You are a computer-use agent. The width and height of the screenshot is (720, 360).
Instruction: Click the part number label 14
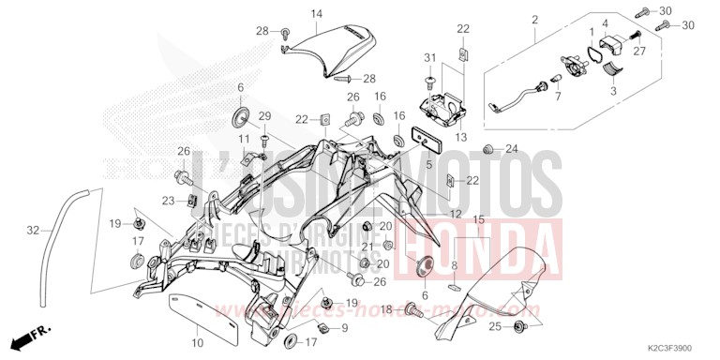pyautogui.click(x=316, y=13)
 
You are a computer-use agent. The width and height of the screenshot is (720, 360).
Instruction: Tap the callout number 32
pyautogui.click(x=33, y=229)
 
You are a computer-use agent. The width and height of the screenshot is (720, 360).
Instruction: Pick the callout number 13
pyautogui.click(x=460, y=136)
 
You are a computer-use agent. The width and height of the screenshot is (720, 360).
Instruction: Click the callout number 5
pyautogui.click(x=429, y=164)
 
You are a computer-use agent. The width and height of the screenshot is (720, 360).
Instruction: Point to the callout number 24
pyautogui.click(x=511, y=148)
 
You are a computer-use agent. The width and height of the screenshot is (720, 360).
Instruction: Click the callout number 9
pyautogui.click(x=344, y=327)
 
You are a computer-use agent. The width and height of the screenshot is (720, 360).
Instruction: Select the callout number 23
pyautogui.click(x=167, y=200)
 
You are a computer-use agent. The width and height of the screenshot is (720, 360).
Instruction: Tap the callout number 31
pyautogui.click(x=429, y=58)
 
